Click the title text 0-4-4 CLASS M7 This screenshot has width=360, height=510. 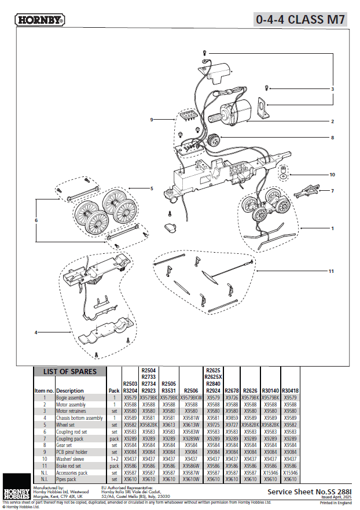click(300, 19)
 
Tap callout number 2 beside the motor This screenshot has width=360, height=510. click(333, 121)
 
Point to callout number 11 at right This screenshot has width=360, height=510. click(332, 271)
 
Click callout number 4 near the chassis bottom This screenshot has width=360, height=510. click(36, 332)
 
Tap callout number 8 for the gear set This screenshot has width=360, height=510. click(333, 138)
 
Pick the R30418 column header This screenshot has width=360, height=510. click(290, 390)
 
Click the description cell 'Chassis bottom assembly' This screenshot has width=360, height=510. click(79, 417)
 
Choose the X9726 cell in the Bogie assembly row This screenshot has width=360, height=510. click(232, 398)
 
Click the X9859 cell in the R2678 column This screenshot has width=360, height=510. click(232, 417)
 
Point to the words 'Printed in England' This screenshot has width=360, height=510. click(335, 503)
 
